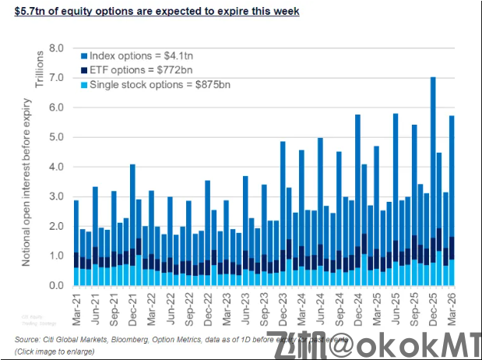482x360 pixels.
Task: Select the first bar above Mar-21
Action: (76, 242)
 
